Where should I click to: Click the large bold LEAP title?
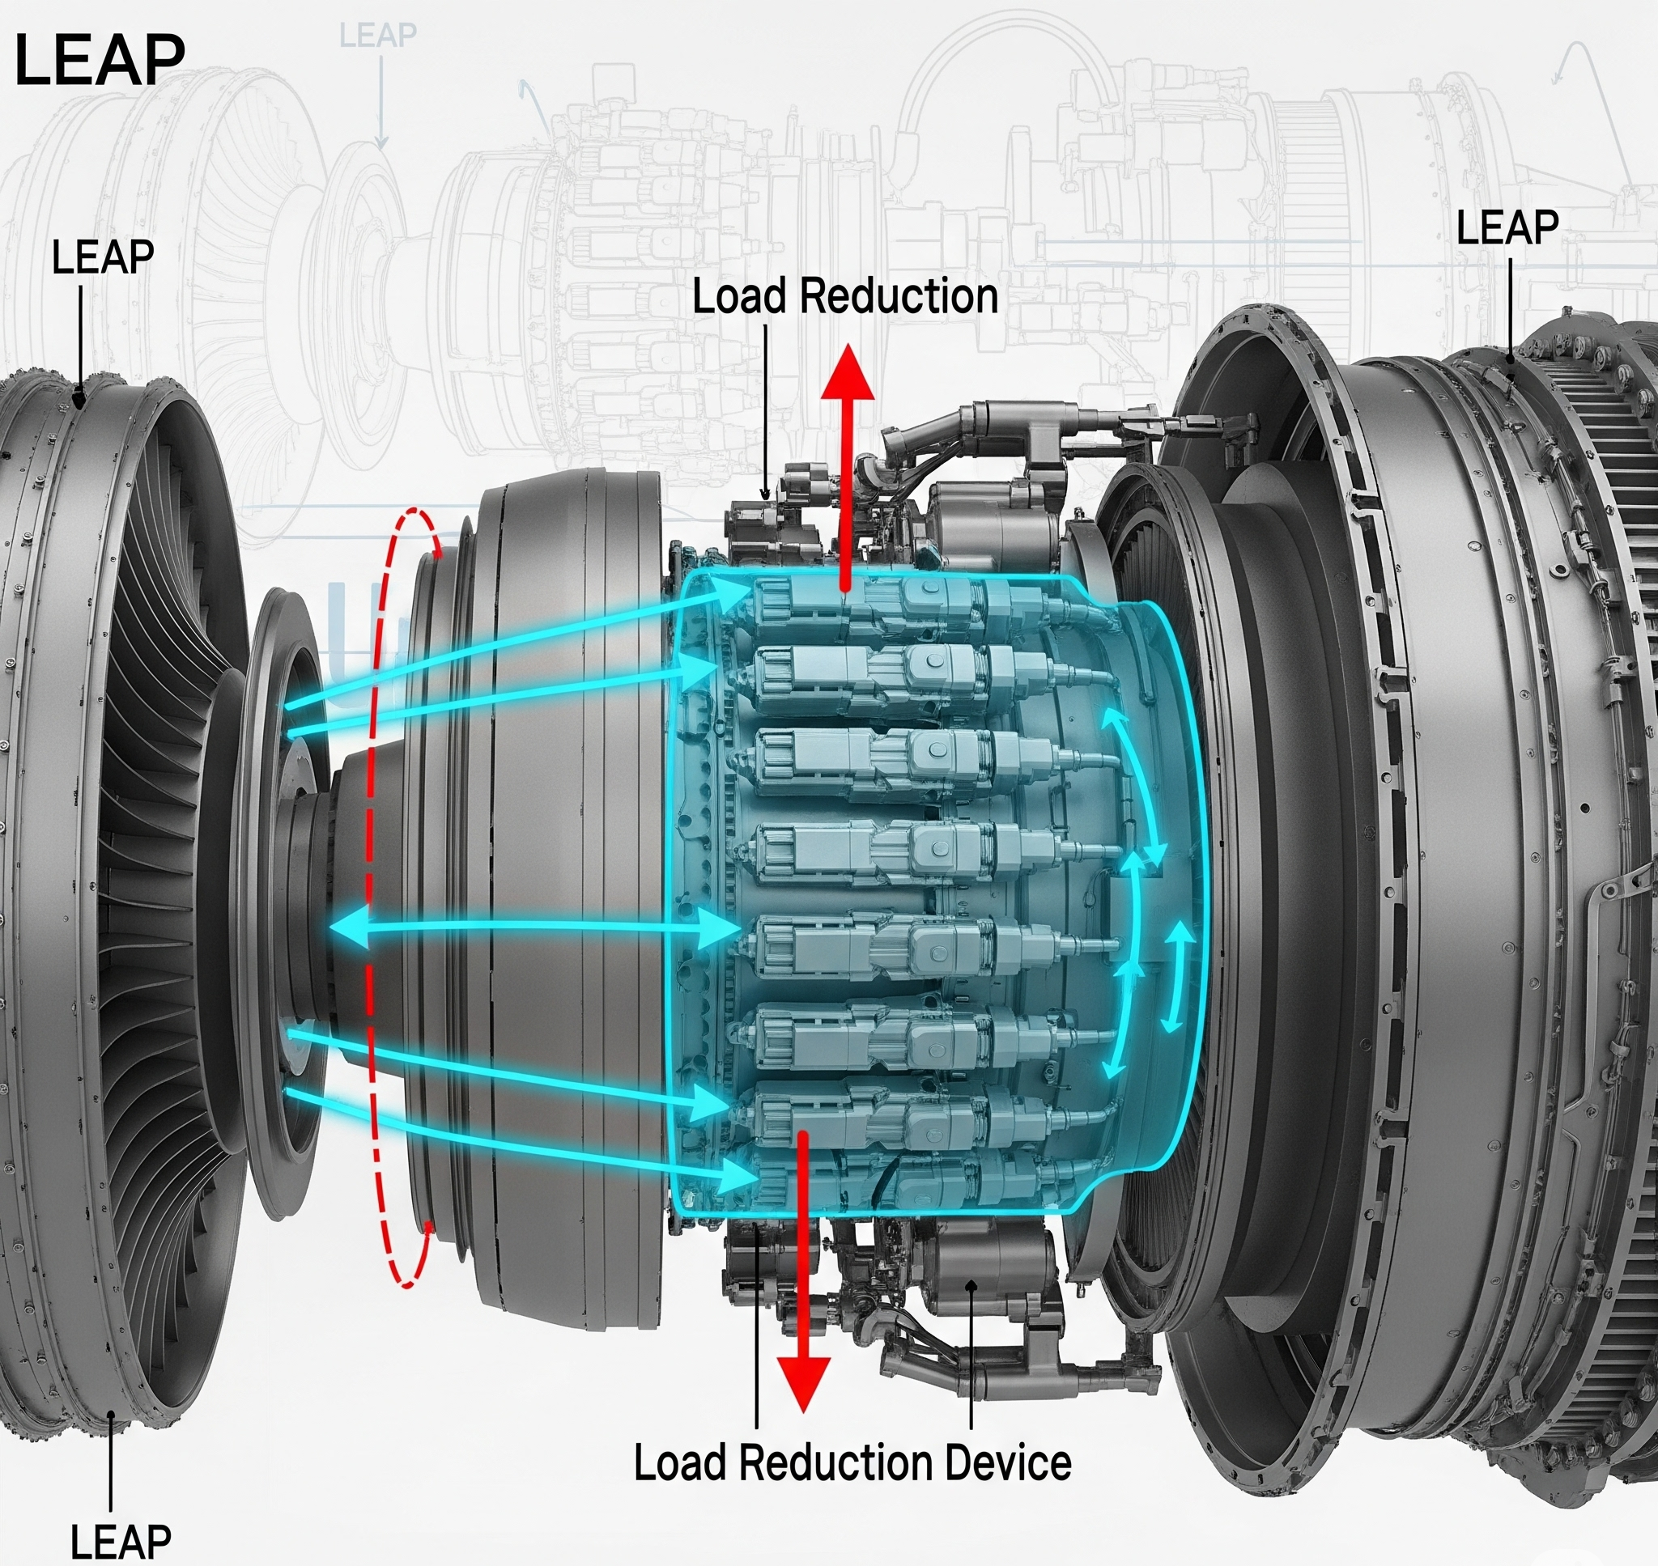click(x=100, y=61)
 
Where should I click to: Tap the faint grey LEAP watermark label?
click(x=377, y=35)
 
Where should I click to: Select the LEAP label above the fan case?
click(x=103, y=257)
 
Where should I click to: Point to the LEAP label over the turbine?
click(x=1507, y=228)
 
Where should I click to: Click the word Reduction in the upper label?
click(x=899, y=297)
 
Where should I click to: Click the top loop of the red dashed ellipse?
click(x=418, y=526)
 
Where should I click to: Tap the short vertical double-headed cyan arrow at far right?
click(x=1178, y=976)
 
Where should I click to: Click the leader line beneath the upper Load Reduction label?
click(x=767, y=409)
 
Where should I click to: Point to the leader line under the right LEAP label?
click(x=1510, y=309)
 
